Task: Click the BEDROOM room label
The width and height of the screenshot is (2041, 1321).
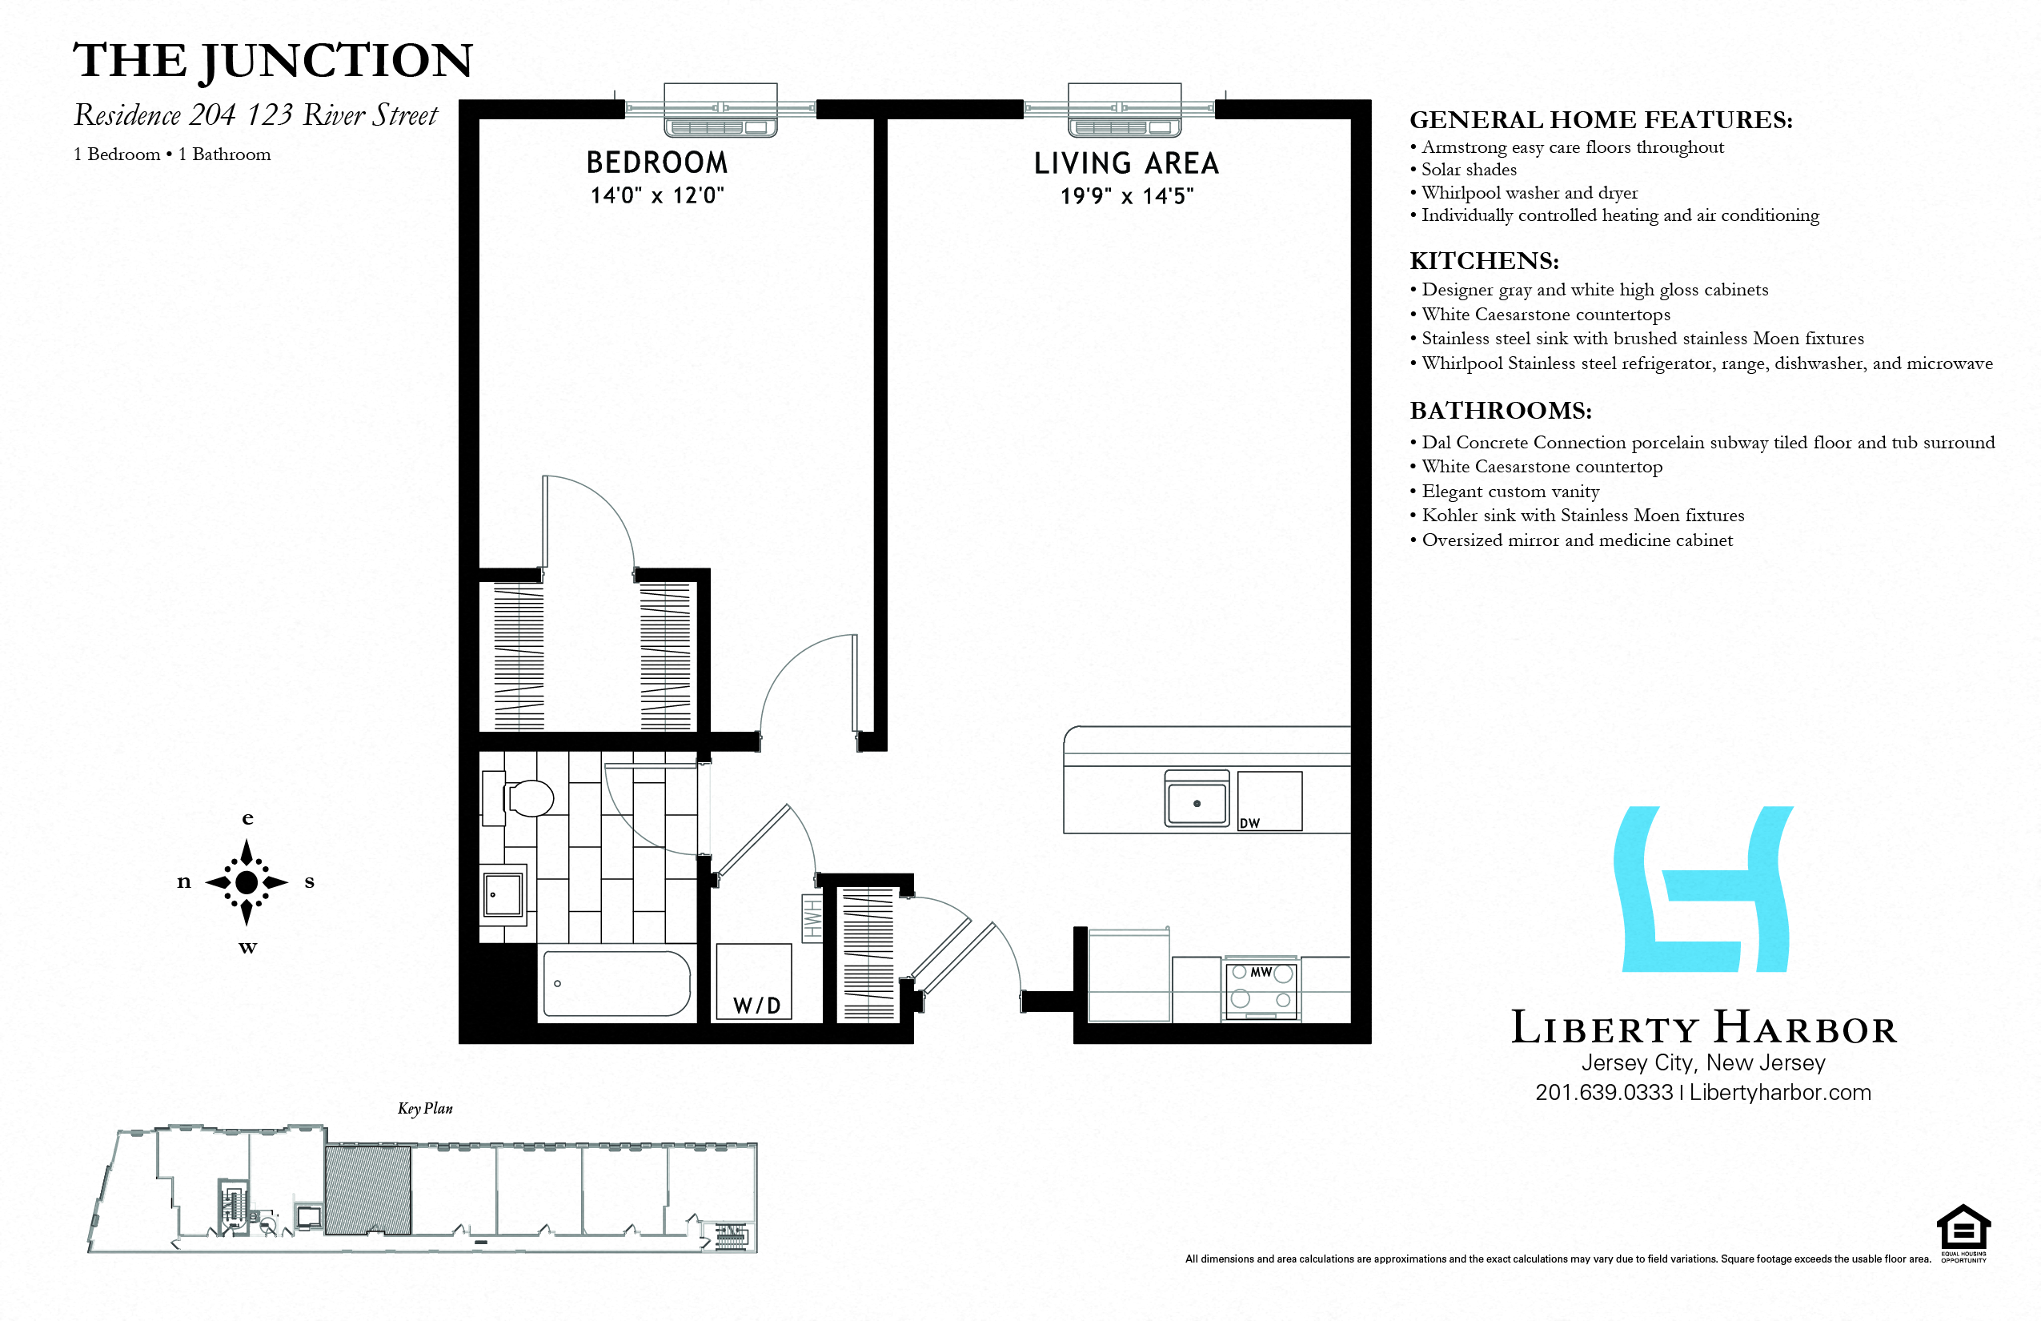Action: [657, 162]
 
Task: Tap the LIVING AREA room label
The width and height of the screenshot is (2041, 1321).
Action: [1126, 163]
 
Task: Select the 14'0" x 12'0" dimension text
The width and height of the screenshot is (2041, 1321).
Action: [657, 195]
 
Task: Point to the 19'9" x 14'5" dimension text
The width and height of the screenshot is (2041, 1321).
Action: [1126, 196]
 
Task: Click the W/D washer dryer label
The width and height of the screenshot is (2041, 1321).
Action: [756, 1006]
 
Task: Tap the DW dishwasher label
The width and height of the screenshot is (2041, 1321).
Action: [1249, 824]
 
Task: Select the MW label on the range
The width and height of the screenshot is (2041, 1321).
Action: [1261, 972]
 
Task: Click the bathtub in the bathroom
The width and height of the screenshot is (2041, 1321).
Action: [616, 983]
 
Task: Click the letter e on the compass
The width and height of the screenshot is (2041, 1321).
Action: [248, 818]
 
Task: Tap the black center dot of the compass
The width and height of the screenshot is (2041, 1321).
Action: [247, 881]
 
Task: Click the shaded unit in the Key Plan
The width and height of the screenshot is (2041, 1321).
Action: [367, 1190]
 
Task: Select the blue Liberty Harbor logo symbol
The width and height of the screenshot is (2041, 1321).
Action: [1703, 889]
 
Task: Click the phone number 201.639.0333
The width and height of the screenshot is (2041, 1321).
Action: [1604, 1093]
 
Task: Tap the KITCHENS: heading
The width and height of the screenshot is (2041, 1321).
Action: [1484, 261]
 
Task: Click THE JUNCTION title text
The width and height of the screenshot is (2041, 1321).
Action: [273, 61]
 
